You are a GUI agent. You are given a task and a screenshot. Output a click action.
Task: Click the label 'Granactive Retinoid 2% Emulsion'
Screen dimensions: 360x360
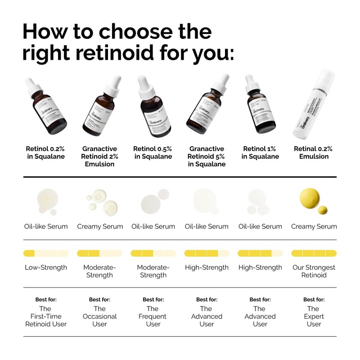tap(99, 156)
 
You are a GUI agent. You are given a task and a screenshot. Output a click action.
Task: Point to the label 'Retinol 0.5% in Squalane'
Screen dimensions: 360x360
tap(153, 153)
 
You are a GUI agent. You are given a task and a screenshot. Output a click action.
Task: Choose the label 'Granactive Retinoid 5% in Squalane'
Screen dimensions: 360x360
tap(207, 156)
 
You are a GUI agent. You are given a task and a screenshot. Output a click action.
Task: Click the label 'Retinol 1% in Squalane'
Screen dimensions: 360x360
tap(260, 153)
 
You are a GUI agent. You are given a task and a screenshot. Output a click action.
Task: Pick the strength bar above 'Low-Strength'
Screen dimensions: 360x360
tap(46, 253)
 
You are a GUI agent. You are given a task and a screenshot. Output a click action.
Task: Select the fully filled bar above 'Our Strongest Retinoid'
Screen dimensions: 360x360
tap(314, 253)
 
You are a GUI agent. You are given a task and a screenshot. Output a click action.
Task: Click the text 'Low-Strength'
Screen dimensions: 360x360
tap(46, 267)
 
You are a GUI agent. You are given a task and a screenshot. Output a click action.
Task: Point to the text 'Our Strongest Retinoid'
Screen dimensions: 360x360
tap(314, 271)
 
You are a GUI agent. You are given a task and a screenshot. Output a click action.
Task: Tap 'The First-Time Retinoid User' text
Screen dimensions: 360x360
tap(46, 316)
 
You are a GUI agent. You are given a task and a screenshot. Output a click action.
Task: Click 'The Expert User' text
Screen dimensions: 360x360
tap(314, 316)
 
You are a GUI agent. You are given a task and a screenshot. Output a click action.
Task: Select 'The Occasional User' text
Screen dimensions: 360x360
tap(99, 316)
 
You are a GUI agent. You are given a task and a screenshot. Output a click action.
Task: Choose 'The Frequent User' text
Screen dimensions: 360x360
tap(153, 316)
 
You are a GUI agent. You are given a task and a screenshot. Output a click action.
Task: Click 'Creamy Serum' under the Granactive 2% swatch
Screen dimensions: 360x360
tap(100, 226)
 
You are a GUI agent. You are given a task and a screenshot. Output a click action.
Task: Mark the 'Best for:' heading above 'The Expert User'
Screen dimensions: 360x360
tap(314, 299)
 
